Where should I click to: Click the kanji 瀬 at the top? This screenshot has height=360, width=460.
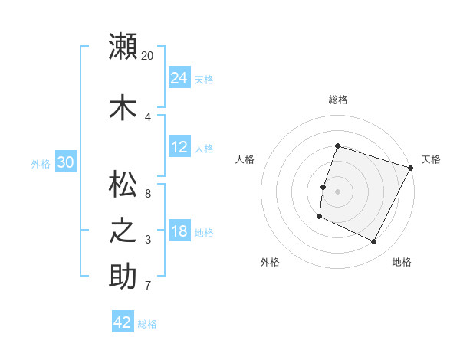click(123, 46)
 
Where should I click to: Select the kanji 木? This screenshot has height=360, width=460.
click(123, 108)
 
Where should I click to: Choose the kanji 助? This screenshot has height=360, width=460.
click(123, 277)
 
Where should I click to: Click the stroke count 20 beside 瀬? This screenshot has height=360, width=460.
click(148, 55)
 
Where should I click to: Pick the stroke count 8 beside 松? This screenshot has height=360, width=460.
click(148, 193)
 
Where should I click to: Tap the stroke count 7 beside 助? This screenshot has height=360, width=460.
click(148, 286)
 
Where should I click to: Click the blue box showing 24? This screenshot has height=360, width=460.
click(179, 77)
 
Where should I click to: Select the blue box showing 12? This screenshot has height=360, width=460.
click(179, 147)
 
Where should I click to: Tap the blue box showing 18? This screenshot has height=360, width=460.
click(179, 231)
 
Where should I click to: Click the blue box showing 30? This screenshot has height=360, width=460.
click(65, 162)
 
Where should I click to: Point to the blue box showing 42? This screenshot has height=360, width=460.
click(123, 322)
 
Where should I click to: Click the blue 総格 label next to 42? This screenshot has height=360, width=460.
click(147, 324)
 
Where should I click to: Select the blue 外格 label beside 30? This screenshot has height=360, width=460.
click(41, 163)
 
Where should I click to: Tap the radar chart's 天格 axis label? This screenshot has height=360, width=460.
click(431, 159)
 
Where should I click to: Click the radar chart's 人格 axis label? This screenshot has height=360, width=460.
click(245, 159)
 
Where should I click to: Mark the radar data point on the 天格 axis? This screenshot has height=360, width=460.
click(411, 168)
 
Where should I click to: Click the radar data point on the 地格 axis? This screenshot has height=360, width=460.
click(374, 242)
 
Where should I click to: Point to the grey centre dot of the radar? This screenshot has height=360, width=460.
click(337, 191)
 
